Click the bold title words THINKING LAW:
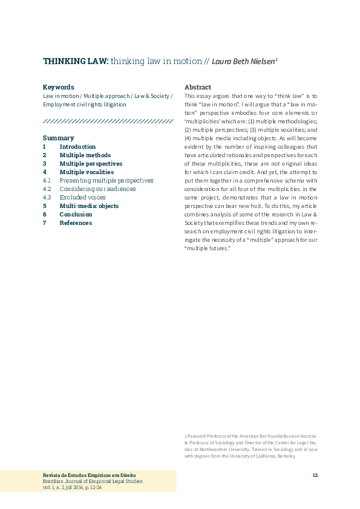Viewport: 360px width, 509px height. click(x=76, y=61)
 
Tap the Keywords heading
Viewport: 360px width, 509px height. click(x=59, y=87)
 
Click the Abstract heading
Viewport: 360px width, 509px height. click(x=198, y=87)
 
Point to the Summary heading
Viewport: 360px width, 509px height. click(x=58, y=138)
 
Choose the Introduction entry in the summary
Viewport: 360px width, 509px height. click(x=77, y=147)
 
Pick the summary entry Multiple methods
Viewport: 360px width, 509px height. click(x=85, y=155)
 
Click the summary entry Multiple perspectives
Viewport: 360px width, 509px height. click(x=91, y=164)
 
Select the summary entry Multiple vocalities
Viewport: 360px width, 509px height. click(x=87, y=172)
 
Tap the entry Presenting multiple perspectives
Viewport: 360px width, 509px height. click(x=106, y=181)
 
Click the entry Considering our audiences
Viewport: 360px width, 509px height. click(x=97, y=189)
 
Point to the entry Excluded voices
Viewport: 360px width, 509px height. click(x=82, y=198)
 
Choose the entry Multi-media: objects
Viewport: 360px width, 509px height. click(x=89, y=206)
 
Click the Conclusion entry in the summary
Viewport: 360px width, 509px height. click(x=76, y=215)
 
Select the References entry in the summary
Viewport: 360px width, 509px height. click(x=76, y=223)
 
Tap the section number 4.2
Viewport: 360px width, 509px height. click(x=47, y=189)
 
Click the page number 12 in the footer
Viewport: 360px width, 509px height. click(x=315, y=475)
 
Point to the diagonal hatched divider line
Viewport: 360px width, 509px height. click(x=108, y=122)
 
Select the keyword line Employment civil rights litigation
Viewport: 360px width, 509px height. click(x=84, y=105)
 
